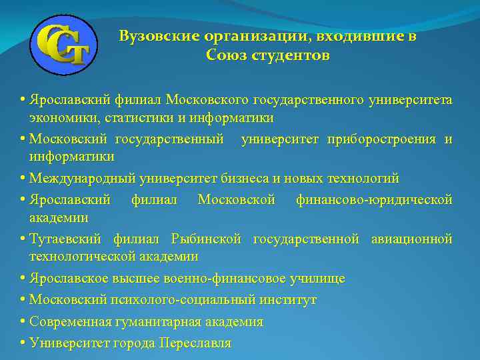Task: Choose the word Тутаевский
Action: click(x=65, y=239)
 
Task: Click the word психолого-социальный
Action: click(x=189, y=300)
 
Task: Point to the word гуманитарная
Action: click(x=150, y=321)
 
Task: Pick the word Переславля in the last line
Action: click(x=196, y=343)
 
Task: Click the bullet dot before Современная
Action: click(x=23, y=321)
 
